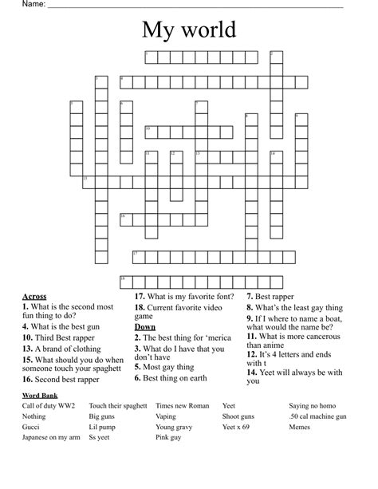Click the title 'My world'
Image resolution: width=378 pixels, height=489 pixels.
189,30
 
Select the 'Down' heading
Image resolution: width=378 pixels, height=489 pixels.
144,327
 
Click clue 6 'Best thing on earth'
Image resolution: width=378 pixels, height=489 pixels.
182,379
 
